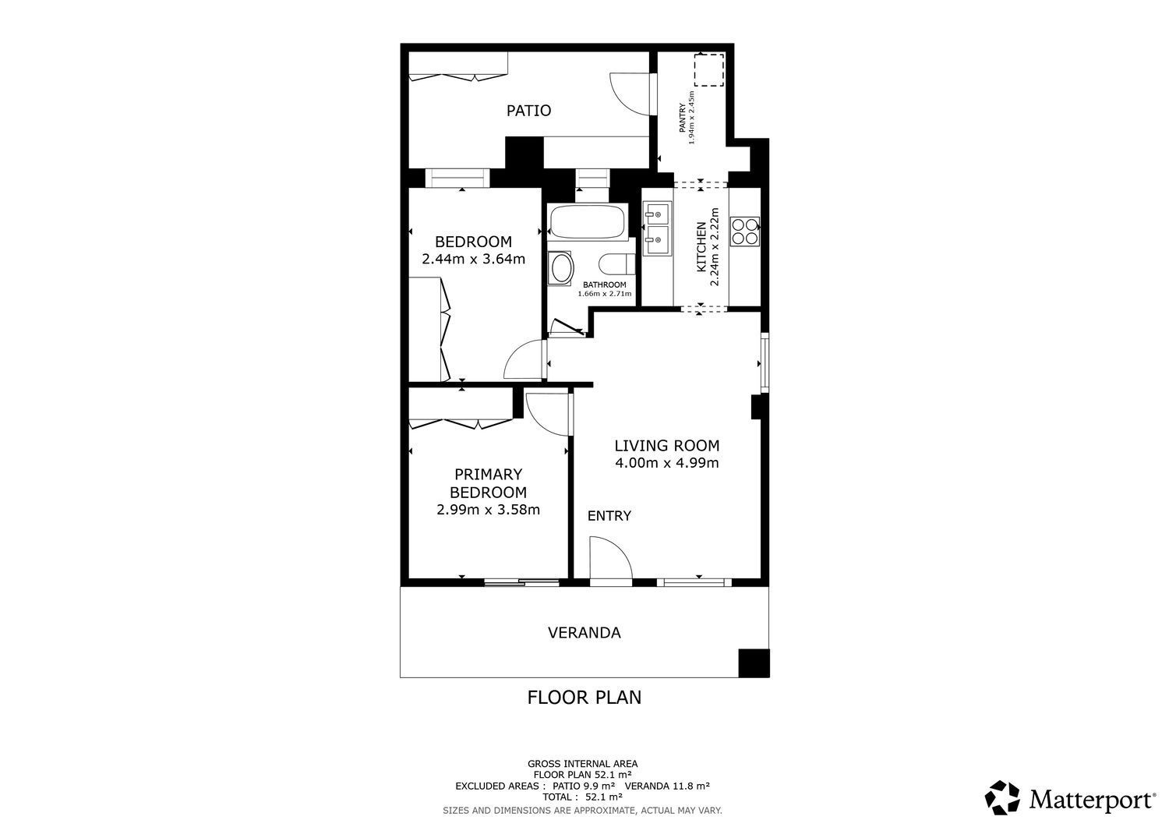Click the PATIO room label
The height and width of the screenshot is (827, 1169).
coord(528,111)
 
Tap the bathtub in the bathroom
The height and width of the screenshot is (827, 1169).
coord(588,222)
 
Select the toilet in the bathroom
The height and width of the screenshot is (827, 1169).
coord(617,263)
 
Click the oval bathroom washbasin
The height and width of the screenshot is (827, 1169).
coord(561,268)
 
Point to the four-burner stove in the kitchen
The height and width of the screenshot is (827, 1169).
coord(745,231)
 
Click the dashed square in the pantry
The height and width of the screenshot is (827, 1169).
coord(708,69)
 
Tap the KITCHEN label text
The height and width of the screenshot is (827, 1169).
coord(701,247)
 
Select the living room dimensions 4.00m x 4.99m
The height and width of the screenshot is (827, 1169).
coord(667,463)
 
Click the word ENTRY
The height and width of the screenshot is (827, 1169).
coord(609,516)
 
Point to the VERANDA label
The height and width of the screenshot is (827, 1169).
coord(584,633)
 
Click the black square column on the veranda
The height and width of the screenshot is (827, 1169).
coord(754,663)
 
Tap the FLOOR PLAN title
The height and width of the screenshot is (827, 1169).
coord(584,698)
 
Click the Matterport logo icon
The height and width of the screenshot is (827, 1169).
coord(1002,797)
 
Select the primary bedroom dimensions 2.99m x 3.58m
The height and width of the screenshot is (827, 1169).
coord(488,510)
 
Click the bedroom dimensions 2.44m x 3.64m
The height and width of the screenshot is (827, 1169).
coord(473,259)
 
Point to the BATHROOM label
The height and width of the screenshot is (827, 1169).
coord(604,285)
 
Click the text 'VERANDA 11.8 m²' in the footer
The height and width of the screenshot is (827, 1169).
coord(667,786)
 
